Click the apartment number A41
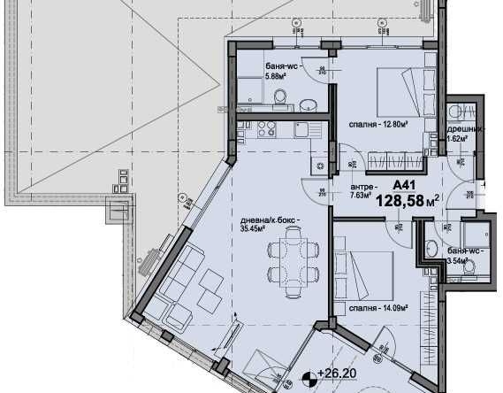click(404, 184)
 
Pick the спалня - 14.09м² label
click(377, 308)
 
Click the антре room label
click(362, 186)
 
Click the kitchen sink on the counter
click(301, 129)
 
